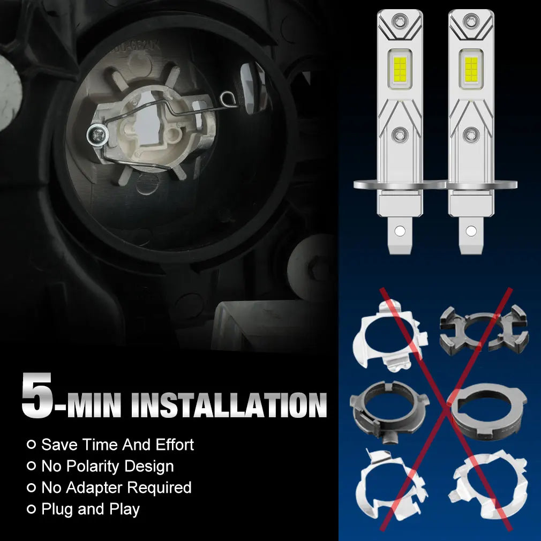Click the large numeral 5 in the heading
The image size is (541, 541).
(37, 395)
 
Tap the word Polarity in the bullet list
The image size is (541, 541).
(93, 467)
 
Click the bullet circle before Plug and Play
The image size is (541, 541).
(31, 509)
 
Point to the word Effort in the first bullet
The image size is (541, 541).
(175, 445)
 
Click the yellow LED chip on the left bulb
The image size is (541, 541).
(400, 67)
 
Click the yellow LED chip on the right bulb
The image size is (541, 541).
(471, 67)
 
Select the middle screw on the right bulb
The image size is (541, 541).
(471, 134)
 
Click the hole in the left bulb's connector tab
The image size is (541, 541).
(400, 230)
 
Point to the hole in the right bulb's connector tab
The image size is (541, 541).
(471, 230)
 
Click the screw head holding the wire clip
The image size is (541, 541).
(97, 134)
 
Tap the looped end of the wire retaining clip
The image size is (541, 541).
(228, 99)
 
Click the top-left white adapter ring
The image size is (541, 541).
(389, 336)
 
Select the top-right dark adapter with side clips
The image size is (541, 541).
(484, 329)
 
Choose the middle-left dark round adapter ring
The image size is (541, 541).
(389, 411)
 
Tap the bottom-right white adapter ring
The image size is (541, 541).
(488, 482)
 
